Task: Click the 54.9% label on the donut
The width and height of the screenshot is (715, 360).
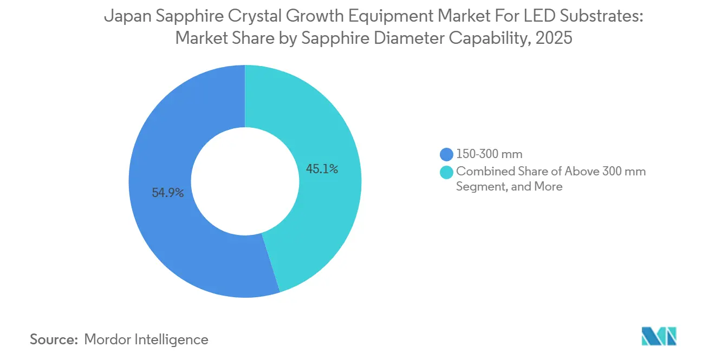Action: click(x=168, y=193)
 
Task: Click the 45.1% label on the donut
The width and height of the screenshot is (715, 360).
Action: click(x=322, y=169)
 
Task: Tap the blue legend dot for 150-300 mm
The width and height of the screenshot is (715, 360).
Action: click(x=447, y=154)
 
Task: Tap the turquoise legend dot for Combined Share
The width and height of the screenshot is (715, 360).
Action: click(x=447, y=172)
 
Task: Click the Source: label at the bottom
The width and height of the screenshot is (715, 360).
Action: click(x=54, y=339)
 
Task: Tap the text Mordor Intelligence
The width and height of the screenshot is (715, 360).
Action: click(x=146, y=339)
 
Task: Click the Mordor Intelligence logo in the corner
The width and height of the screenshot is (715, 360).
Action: click(x=659, y=336)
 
